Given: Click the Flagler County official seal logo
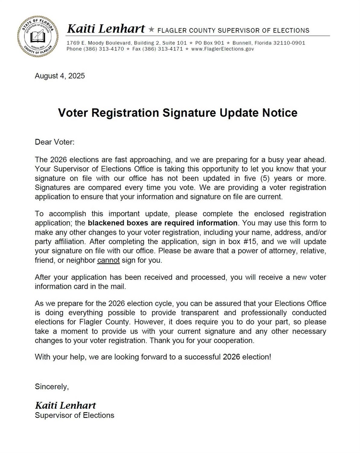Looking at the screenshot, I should (38, 36).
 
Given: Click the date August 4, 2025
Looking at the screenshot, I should (60, 76).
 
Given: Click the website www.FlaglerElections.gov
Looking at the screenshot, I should (222, 49).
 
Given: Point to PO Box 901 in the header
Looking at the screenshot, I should (210, 43).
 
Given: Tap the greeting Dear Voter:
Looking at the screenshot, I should (55, 142).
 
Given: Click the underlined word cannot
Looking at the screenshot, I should (108, 260).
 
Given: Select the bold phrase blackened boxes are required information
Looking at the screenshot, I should (163, 223).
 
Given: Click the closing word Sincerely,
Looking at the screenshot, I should (52, 387).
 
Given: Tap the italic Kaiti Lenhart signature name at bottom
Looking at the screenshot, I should (65, 405).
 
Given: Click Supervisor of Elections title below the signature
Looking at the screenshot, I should (74, 415).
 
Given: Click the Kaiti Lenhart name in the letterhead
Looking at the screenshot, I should (106, 29).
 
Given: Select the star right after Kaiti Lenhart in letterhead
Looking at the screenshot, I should (151, 30).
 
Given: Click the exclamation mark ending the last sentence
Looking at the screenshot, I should (270, 357).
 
